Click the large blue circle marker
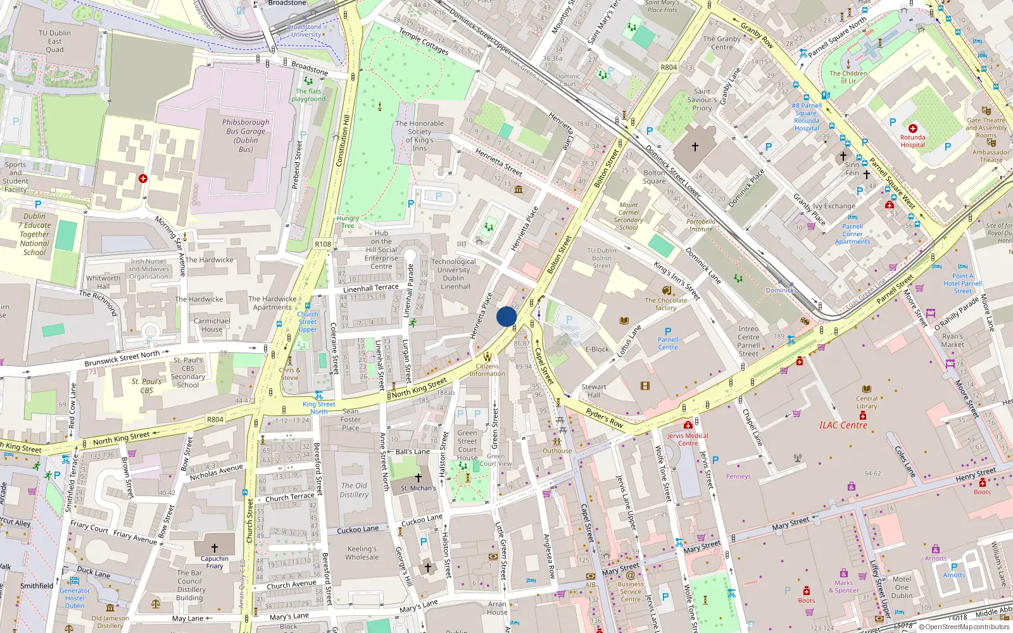pyautogui.click(x=507, y=316)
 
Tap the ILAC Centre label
pyautogui.click(x=843, y=425)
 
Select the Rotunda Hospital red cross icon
pyautogui.click(x=912, y=128)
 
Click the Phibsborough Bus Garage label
pyautogui.click(x=246, y=135)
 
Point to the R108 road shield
pyautogui.click(x=323, y=244)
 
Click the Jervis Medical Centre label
pyautogui.click(x=688, y=439)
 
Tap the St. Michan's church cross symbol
pyautogui.click(x=418, y=478)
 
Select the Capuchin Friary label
pyautogui.click(x=215, y=562)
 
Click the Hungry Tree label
pyautogui.click(x=348, y=222)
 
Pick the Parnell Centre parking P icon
pyautogui.click(x=668, y=331)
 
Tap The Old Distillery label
pyautogui.click(x=354, y=490)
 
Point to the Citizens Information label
pyautogui.click(x=487, y=370)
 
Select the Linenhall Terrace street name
pyautogui.click(x=371, y=288)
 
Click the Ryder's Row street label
pyautogui.click(x=604, y=418)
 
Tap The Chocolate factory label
pyautogui.click(x=665, y=304)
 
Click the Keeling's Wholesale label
pyautogui.click(x=362, y=553)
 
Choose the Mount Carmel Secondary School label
pyautogui.click(x=628, y=216)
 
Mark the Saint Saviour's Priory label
pyautogui.click(x=702, y=99)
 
